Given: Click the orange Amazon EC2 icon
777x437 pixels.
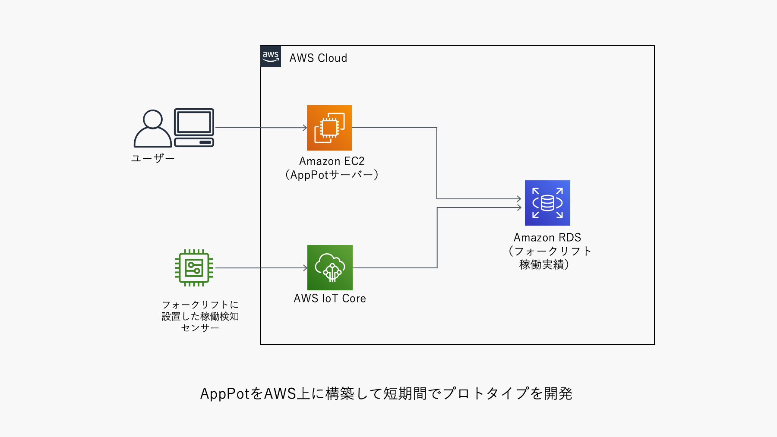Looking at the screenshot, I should [329, 128].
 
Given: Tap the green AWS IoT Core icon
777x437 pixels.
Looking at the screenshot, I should [330, 267].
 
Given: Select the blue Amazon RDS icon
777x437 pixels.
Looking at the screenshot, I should [547, 203].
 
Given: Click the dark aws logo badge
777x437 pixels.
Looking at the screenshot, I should [271, 56].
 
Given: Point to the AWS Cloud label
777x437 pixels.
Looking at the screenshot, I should [318, 58].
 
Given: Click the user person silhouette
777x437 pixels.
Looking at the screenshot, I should [152, 129].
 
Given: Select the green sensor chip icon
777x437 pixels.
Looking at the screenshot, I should [194, 268].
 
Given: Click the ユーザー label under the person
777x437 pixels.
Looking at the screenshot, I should [153, 158].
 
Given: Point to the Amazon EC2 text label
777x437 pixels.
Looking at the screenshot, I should [332, 161].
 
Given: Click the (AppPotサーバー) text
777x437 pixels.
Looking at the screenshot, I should [332, 175].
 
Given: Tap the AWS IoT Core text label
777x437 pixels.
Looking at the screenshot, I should [330, 299].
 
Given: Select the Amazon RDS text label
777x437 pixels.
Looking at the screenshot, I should [547, 238].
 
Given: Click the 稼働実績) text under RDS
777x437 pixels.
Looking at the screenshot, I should [544, 264].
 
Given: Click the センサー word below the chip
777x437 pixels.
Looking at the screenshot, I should [200, 328].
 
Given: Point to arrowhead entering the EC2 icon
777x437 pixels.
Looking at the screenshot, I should [305, 128].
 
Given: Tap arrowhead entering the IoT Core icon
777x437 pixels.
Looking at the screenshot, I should [305, 268].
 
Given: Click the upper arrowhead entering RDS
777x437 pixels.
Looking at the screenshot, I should [519, 199].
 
